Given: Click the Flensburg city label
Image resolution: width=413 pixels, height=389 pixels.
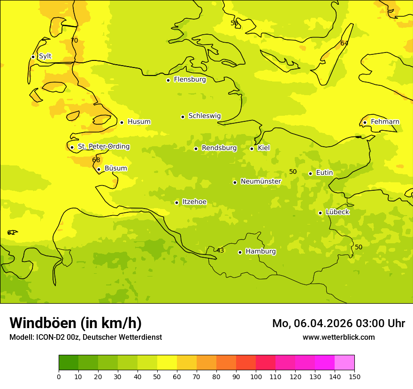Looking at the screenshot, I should click(190, 80).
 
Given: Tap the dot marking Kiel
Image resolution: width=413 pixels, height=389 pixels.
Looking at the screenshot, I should click(252, 149).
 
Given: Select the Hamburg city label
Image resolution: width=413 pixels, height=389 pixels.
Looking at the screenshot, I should click(260, 252).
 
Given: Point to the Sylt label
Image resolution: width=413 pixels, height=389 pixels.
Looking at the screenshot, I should click(45, 56).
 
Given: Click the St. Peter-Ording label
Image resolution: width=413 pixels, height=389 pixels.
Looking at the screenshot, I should click(103, 147).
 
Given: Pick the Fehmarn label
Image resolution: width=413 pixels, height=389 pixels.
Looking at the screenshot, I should click(385, 122).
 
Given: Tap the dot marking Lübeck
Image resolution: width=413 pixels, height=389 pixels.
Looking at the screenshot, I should click(320, 213).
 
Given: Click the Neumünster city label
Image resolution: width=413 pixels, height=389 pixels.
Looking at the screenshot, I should click(260, 181).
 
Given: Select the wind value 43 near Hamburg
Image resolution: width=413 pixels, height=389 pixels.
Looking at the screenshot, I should click(220, 250).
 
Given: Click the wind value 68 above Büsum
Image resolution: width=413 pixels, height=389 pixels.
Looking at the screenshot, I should click(96, 160).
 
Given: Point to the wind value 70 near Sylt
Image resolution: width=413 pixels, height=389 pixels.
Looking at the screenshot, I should click(74, 41).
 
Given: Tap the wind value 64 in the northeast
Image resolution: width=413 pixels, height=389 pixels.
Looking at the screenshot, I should click(344, 43).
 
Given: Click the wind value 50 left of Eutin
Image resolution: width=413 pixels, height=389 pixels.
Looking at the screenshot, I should click(293, 172).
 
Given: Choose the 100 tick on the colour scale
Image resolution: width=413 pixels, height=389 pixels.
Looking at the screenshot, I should click(256, 376).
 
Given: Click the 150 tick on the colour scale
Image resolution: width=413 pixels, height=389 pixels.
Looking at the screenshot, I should click(354, 376).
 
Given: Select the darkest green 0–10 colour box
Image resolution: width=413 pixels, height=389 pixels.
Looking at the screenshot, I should click(69, 362).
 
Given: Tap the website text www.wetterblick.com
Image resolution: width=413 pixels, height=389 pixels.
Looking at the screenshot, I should click(338, 337).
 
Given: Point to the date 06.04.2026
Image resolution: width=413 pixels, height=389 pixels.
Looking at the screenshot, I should click(317, 323).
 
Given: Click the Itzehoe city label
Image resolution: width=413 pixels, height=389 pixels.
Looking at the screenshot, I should click(194, 202).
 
